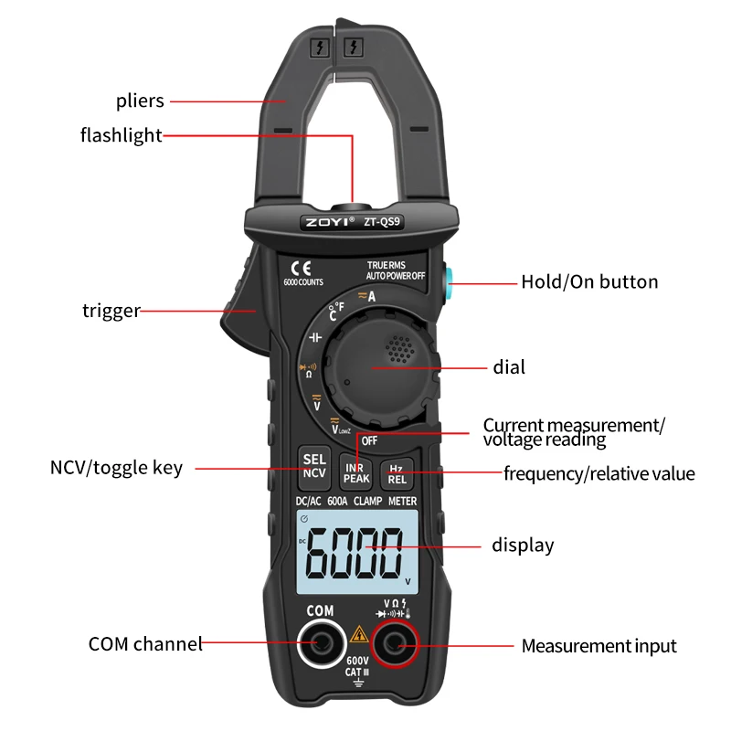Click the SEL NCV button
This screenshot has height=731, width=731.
314,466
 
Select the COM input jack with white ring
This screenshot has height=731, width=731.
319,645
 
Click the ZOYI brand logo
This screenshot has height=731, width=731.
328,220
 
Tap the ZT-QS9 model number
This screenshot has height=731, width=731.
382,220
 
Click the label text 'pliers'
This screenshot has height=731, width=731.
140,101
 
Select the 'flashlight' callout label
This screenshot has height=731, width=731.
121,136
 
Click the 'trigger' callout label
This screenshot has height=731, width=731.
111,311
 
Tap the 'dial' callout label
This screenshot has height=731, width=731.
509,367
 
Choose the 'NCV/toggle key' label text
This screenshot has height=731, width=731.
116,468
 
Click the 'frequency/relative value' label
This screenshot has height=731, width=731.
599,473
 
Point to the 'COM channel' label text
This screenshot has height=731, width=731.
145,644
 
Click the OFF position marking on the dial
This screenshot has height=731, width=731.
369,440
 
